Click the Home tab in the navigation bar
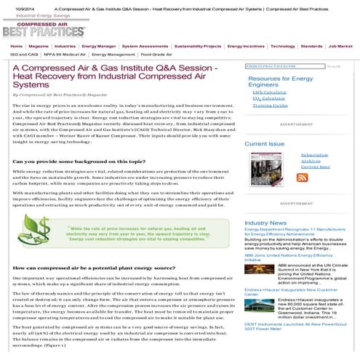coord(16,46)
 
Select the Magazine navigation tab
coord(39,46)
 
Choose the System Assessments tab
coord(145,46)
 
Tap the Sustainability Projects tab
coord(197,46)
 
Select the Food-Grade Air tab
coord(156,54)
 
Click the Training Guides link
coord(271,105)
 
